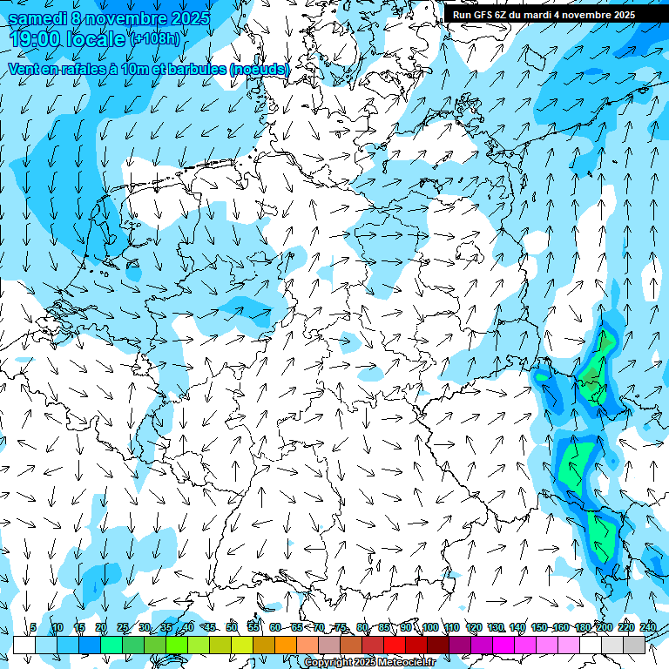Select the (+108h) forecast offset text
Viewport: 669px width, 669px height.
click(x=157, y=39)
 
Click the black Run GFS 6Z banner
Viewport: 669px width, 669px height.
click(x=544, y=14)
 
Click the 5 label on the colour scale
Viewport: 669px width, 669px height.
click(x=33, y=627)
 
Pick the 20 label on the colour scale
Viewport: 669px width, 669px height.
click(x=100, y=627)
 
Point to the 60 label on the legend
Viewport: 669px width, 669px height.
click(x=274, y=627)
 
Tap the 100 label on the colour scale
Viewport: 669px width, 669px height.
click(x=429, y=627)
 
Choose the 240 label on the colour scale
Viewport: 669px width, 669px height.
click(x=647, y=627)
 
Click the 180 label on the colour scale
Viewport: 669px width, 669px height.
click(x=582, y=627)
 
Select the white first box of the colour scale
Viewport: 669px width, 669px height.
click(x=24, y=645)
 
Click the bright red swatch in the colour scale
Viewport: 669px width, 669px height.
click(x=395, y=645)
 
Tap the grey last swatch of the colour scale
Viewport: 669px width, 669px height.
click(x=634, y=645)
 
